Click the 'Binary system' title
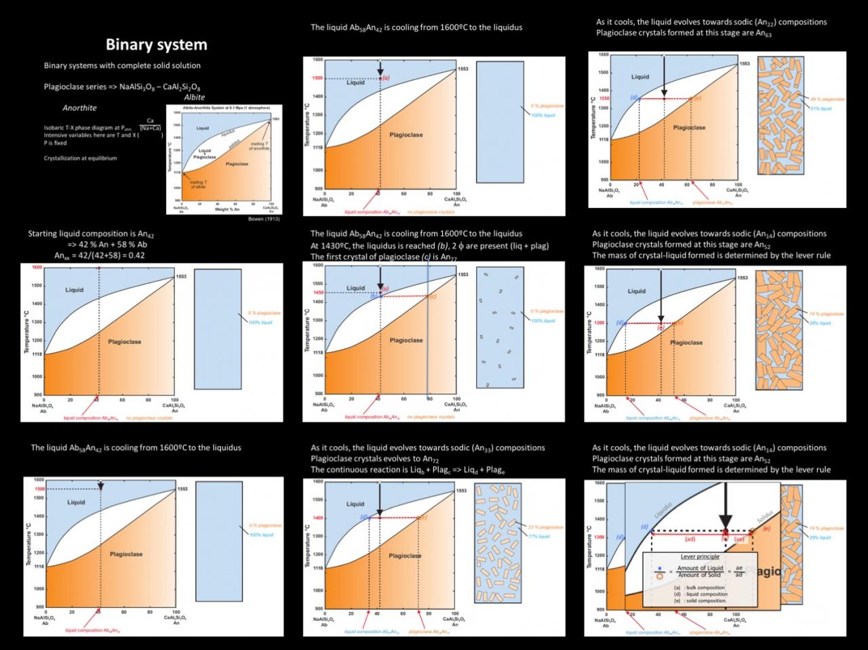156,45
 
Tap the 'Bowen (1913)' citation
264,219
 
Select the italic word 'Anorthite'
79,108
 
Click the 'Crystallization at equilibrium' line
80,158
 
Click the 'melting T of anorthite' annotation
260,146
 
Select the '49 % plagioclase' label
827,100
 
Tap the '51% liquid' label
821,108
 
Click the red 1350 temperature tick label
604,98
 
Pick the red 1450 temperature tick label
317,292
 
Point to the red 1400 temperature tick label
317,518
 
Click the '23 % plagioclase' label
546,527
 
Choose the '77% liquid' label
540,536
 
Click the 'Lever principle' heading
700,556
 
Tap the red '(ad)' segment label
690,540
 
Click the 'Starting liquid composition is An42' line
91,234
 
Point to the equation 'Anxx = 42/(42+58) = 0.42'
100,256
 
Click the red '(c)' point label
433,296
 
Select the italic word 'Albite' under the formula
194,97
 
